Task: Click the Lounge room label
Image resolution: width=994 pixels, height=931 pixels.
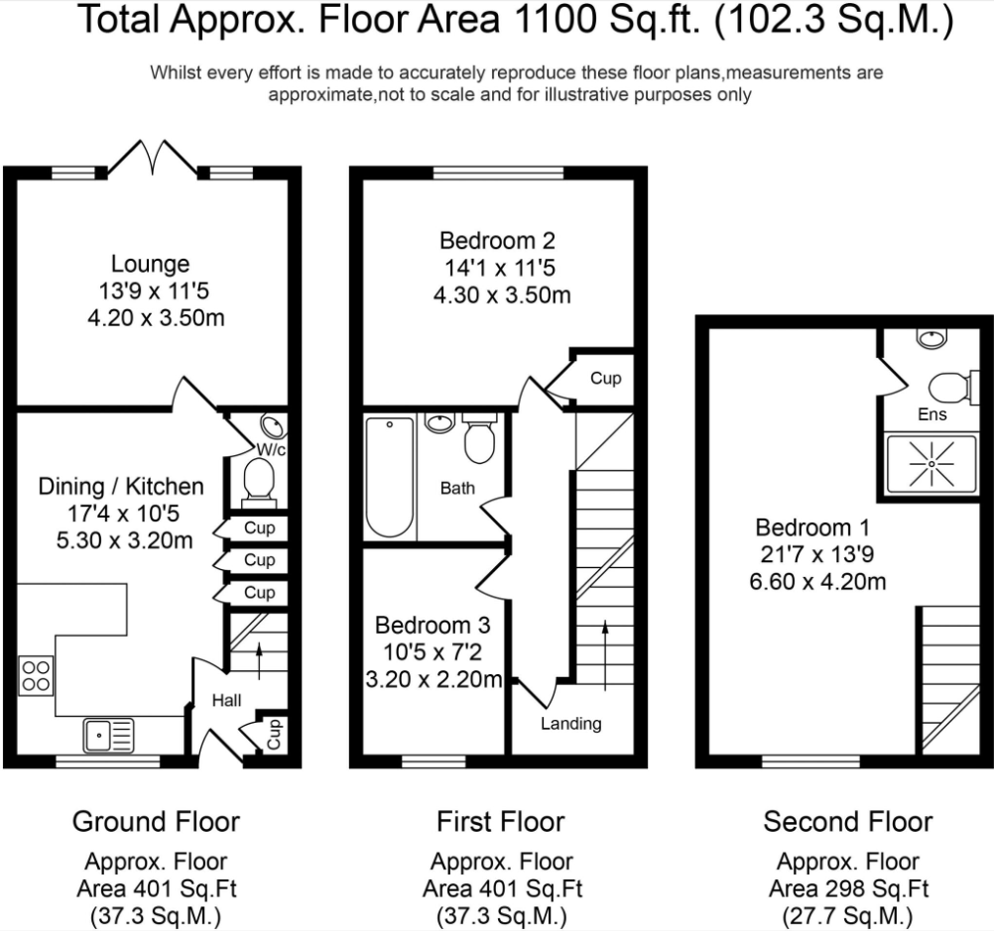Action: [150, 265]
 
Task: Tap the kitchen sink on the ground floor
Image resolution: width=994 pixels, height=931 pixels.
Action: [108, 735]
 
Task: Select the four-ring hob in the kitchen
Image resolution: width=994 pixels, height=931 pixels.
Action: [36, 675]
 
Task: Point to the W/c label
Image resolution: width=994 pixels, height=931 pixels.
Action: [272, 449]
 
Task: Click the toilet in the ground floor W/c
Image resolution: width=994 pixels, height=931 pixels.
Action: [258, 483]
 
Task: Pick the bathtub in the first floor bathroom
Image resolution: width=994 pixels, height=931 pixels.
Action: [390, 476]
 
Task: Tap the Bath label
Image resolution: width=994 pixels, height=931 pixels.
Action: [457, 488]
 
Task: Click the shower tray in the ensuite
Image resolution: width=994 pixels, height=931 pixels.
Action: [932, 464]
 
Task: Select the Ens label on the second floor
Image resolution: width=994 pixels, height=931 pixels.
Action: [932, 414]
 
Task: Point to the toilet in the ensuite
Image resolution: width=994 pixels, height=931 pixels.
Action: [949, 388]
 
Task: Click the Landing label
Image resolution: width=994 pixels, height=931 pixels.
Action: [571, 724]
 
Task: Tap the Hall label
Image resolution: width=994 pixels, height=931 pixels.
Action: [226, 700]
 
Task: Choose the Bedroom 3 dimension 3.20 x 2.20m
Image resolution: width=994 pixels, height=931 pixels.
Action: [435, 679]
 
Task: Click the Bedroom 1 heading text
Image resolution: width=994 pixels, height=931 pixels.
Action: [812, 527]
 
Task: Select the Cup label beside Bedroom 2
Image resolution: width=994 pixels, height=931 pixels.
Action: [605, 379]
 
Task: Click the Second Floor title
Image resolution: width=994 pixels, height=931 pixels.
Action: [847, 822]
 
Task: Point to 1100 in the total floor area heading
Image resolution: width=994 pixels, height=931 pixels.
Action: [556, 20]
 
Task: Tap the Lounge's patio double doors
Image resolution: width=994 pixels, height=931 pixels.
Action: [152, 157]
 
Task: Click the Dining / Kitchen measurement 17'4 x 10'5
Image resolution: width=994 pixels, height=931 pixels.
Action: [124, 514]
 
